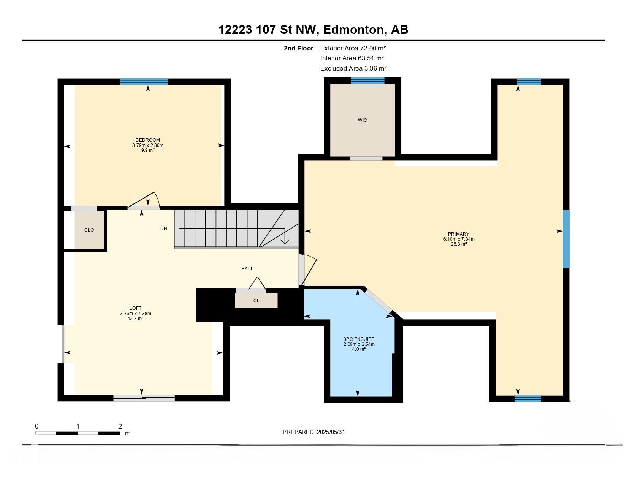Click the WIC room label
(x=362, y=120)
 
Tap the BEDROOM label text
(x=148, y=140)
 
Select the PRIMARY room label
(x=459, y=234)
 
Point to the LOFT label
(x=135, y=308)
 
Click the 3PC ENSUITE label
(x=359, y=339)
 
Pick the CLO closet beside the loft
(x=89, y=230)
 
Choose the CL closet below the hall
(x=256, y=300)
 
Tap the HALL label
(x=247, y=269)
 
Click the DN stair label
(x=164, y=228)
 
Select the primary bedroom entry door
(x=307, y=270)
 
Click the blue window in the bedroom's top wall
(x=144, y=82)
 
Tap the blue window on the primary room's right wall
(x=566, y=239)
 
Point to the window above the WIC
(x=367, y=81)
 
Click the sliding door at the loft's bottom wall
(x=144, y=398)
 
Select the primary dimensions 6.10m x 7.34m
(x=459, y=239)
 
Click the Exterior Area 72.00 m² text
(x=353, y=48)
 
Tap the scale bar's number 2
(x=120, y=426)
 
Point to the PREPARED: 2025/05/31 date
(x=313, y=432)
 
